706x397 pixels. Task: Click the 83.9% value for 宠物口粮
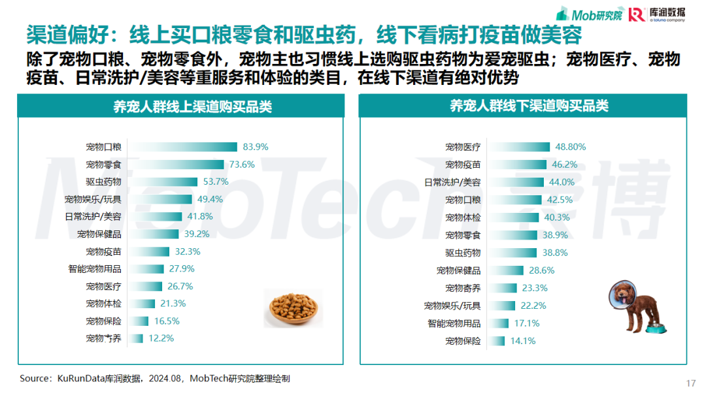pyautogui.click(x=256, y=147)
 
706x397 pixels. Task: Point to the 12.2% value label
pyautogui.click(x=161, y=338)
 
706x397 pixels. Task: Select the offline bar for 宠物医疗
pyautogui.click(x=519, y=147)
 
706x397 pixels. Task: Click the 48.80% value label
pyautogui.click(x=571, y=147)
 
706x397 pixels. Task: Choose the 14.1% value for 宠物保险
pyautogui.click(x=523, y=341)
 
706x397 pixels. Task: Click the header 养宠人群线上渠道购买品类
pyautogui.click(x=180, y=106)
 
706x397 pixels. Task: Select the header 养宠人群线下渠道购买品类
pyautogui.click(x=522, y=106)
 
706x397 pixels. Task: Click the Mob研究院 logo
pyautogui.click(x=588, y=14)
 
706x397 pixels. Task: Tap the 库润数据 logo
pyautogui.click(x=658, y=14)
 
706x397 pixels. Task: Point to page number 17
pyautogui.click(x=691, y=383)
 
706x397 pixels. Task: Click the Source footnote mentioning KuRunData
pyautogui.click(x=155, y=378)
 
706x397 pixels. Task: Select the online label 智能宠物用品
pyautogui.click(x=95, y=268)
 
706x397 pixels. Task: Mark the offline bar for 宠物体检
pyautogui.click(x=514, y=217)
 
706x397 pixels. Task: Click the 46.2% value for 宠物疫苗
pyautogui.click(x=565, y=165)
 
